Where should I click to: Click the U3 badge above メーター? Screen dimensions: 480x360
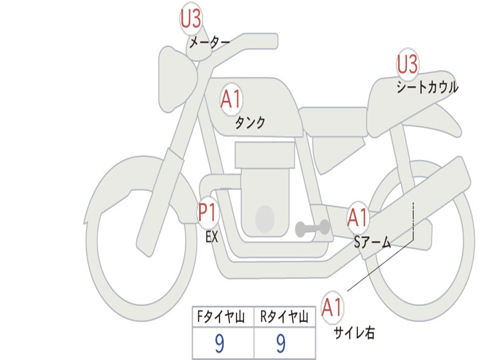(x=191, y=19)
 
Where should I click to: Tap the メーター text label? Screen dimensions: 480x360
(x=209, y=44)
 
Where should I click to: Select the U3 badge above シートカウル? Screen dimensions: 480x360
(x=407, y=64)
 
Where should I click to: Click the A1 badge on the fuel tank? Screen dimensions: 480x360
(x=231, y=100)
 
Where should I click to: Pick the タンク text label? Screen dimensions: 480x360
(x=250, y=123)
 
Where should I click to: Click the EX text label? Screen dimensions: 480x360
(x=212, y=237)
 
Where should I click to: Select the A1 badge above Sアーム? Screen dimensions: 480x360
(x=358, y=217)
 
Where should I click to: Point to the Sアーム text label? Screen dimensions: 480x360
(x=372, y=242)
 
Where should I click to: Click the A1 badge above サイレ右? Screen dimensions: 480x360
(x=332, y=307)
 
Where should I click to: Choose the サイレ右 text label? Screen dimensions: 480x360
(x=354, y=333)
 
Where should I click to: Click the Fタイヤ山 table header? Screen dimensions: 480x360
(x=223, y=318)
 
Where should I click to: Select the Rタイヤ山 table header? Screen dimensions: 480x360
(x=284, y=318)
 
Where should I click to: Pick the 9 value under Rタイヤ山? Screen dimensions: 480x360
(x=281, y=345)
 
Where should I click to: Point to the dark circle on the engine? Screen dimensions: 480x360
(x=265, y=219)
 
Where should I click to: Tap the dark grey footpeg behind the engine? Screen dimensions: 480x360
(x=312, y=228)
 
